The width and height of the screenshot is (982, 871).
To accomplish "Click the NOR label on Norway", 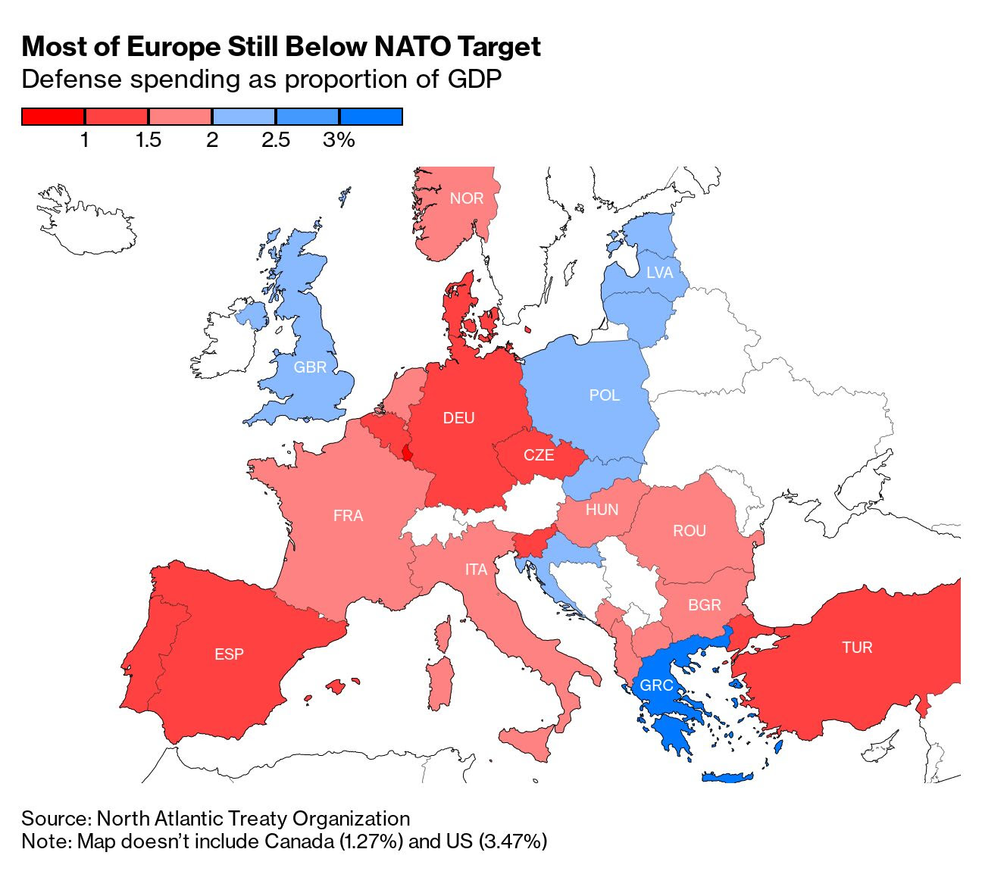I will pos(466,198).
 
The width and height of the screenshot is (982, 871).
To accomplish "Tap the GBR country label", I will pos(310,367).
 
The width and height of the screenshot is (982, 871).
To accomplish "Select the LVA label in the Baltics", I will pos(659,273).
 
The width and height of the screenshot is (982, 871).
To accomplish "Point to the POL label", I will pos(604,395).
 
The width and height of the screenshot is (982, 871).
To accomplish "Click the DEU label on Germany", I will pos(458,418).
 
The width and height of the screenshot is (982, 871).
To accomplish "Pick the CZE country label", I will pos(539,456).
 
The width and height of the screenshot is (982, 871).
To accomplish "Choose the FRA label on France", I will pos(348,516).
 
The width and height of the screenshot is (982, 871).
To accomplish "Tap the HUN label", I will pos(602,510).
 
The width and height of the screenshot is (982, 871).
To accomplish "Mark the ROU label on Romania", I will pos(689,531).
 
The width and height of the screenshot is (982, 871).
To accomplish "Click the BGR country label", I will pos(704,605).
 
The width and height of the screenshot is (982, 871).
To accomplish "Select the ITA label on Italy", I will pos(476,570).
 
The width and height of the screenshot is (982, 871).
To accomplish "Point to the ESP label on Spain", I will pos(229,654).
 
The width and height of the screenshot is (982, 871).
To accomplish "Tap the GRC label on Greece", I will pos(656,686).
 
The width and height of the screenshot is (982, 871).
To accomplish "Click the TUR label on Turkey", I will pos(857,648).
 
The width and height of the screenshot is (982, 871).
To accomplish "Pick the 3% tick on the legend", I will pos(339,140).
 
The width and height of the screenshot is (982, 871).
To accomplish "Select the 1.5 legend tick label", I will pos(148,140).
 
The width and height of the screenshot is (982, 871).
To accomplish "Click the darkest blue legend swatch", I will pos(371,117).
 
